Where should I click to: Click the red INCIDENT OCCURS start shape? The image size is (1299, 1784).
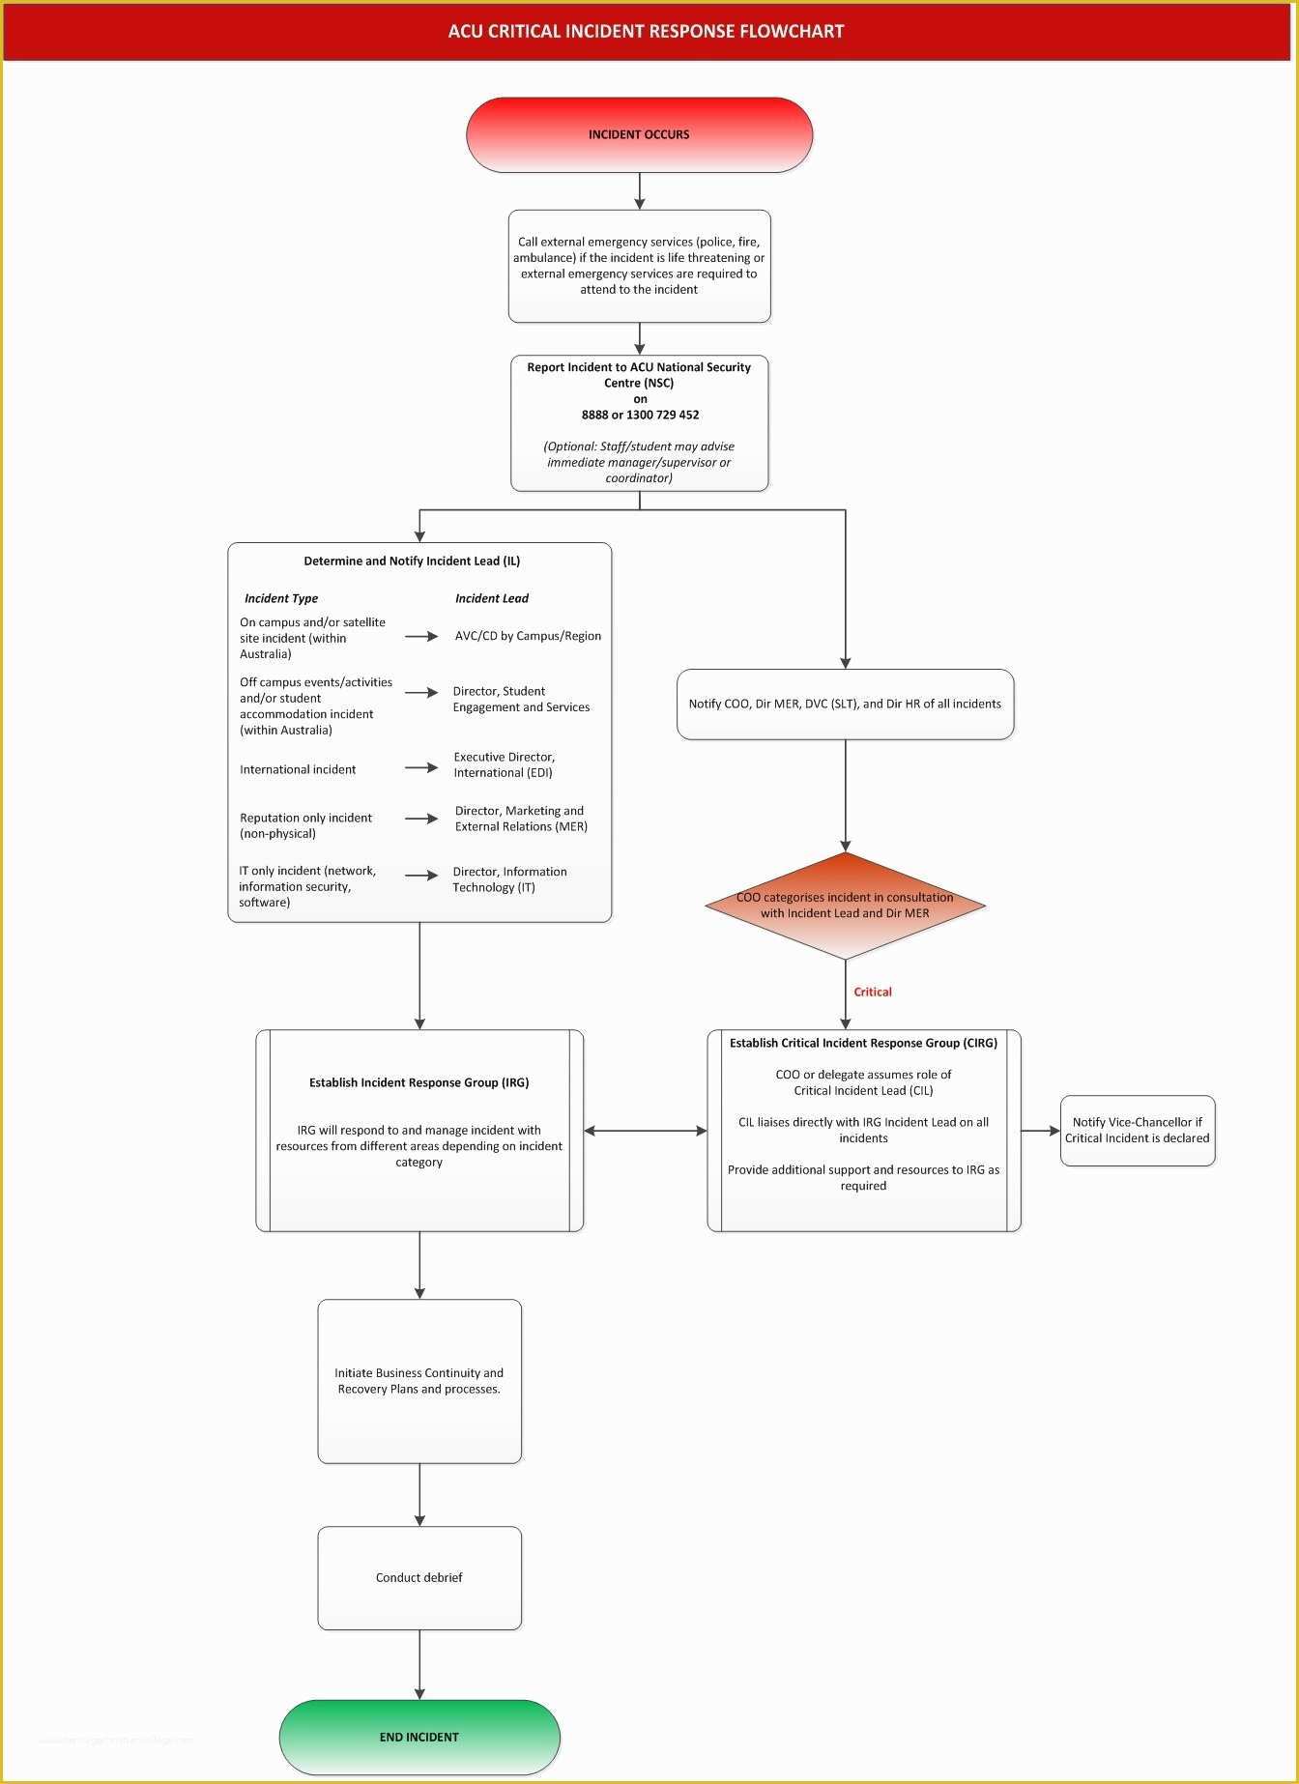[639, 134]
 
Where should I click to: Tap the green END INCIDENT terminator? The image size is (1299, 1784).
[419, 1737]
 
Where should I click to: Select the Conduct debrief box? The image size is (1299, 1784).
[419, 1577]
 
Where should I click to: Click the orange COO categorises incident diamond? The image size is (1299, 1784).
[845, 906]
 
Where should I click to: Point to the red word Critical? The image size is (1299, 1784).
[872, 992]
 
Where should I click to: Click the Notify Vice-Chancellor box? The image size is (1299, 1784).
[1137, 1130]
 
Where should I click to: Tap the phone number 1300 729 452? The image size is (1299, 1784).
[662, 415]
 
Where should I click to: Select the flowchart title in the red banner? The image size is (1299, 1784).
[646, 31]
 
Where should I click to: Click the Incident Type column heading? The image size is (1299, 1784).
[280, 598]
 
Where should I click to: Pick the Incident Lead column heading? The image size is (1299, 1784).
[491, 598]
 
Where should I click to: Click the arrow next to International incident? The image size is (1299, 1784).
[421, 767]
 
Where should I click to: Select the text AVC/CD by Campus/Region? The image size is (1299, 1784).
[528, 636]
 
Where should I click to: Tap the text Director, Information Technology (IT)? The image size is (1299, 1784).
[509, 878]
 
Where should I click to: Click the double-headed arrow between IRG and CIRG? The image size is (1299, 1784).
[645, 1131]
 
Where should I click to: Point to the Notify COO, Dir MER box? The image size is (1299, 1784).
[845, 704]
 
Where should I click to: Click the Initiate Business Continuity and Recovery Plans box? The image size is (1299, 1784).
[419, 1380]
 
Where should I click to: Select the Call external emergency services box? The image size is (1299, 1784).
[639, 266]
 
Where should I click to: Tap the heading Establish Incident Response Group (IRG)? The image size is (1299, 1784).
[419, 1082]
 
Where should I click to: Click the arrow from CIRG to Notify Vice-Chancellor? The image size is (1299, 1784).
[1040, 1131]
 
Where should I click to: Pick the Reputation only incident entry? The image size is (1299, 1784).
[305, 825]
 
